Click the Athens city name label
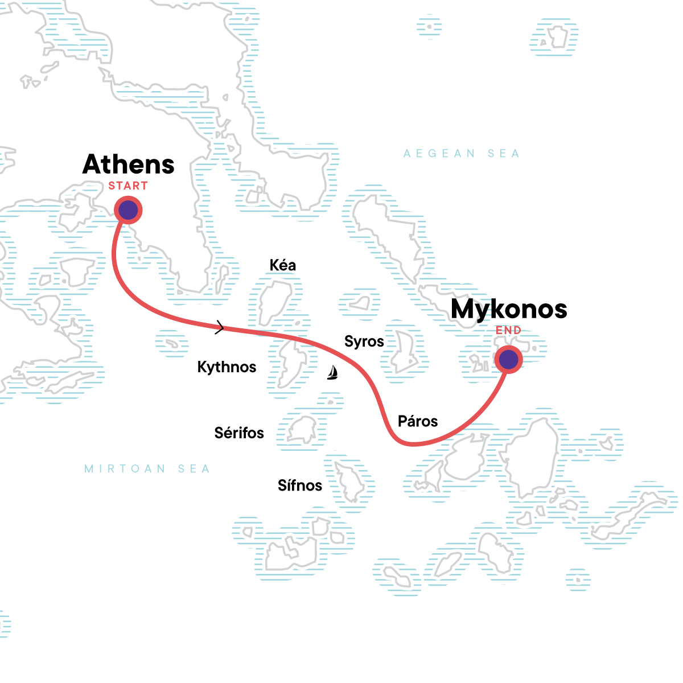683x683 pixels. tap(129, 164)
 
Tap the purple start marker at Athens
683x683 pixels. tap(128, 210)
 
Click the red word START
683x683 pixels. tap(128, 186)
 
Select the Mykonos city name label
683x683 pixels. tap(509, 309)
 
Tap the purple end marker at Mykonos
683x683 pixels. tap(508, 360)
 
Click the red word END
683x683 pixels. tap(508, 331)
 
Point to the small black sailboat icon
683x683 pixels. tap(332, 373)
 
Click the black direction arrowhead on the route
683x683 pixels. tap(220, 327)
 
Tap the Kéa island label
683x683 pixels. tap(283, 265)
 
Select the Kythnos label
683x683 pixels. tap(227, 367)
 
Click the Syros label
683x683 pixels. tap(364, 341)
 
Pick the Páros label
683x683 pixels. tap(418, 422)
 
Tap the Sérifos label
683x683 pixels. tap(239, 433)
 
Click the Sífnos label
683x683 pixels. tap(300, 485)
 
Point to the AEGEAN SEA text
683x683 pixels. tap(462, 154)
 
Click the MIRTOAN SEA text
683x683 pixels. tap(147, 469)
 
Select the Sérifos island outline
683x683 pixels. tap(302, 430)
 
